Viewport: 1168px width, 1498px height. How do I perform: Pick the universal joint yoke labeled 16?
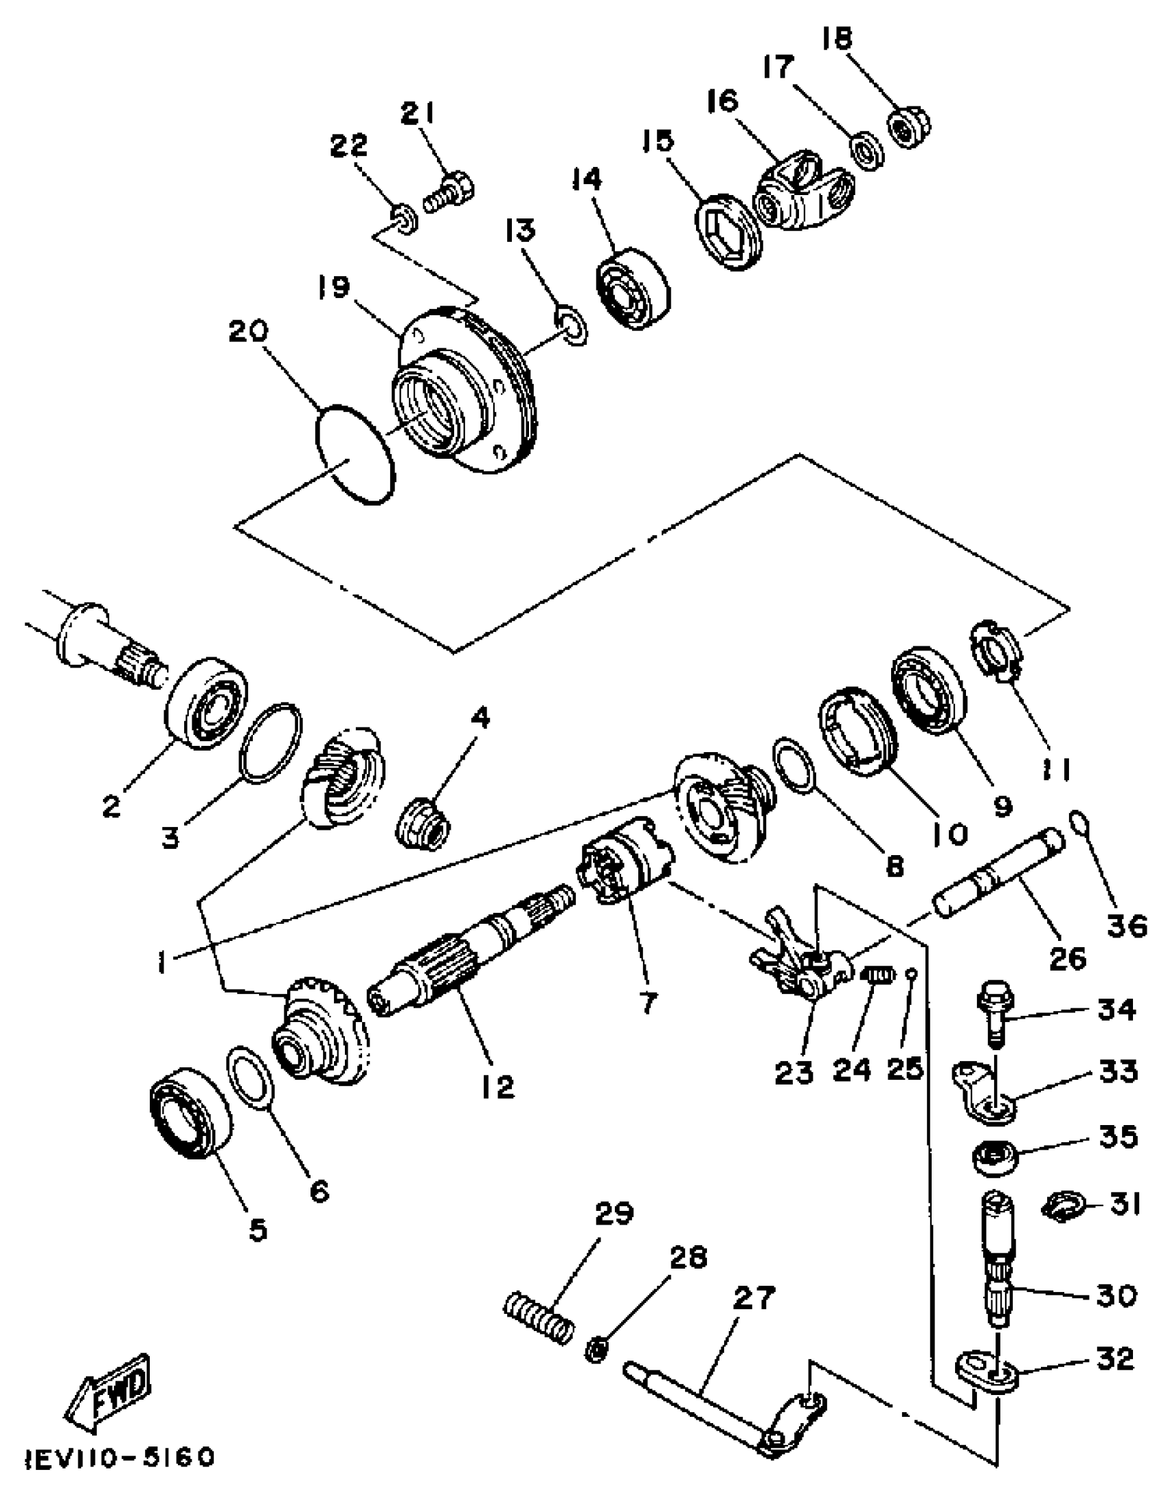[x=805, y=196]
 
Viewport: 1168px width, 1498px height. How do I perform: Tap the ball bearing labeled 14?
[x=632, y=289]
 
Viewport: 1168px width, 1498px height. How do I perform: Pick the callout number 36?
[x=1127, y=926]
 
